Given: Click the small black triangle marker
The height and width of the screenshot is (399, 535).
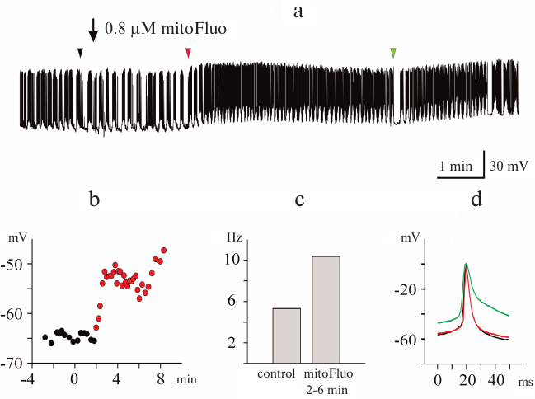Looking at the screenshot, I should tap(80, 53).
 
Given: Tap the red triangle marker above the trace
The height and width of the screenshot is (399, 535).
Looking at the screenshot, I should tap(189, 54).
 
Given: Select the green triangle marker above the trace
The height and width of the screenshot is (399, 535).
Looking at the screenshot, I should tap(394, 54).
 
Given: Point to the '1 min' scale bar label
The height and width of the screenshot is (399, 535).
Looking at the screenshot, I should tap(455, 167).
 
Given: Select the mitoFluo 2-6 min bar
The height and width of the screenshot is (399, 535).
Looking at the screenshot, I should tap(326, 309).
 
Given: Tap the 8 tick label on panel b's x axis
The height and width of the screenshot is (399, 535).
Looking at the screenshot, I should tap(160, 379).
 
